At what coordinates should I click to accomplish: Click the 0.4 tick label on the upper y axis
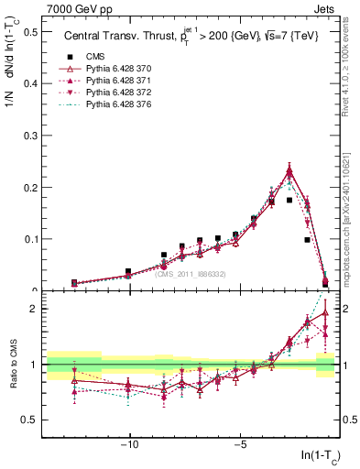click(29, 83)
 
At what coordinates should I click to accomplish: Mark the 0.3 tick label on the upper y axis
click(29, 136)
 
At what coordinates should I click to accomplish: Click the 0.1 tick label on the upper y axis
click(29, 239)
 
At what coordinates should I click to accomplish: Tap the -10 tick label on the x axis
click(130, 446)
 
